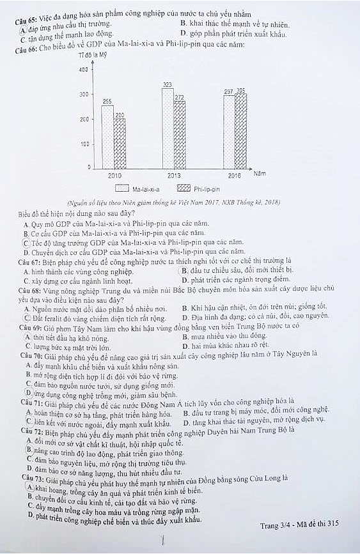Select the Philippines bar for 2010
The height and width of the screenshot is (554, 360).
(x=120, y=142)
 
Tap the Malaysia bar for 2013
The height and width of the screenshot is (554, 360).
(x=168, y=127)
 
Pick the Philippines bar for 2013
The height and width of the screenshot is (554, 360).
(x=180, y=134)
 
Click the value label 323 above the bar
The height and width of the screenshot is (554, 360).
(x=168, y=84)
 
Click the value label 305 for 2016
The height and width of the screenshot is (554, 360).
(x=241, y=91)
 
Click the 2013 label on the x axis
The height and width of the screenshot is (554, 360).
(x=174, y=175)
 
